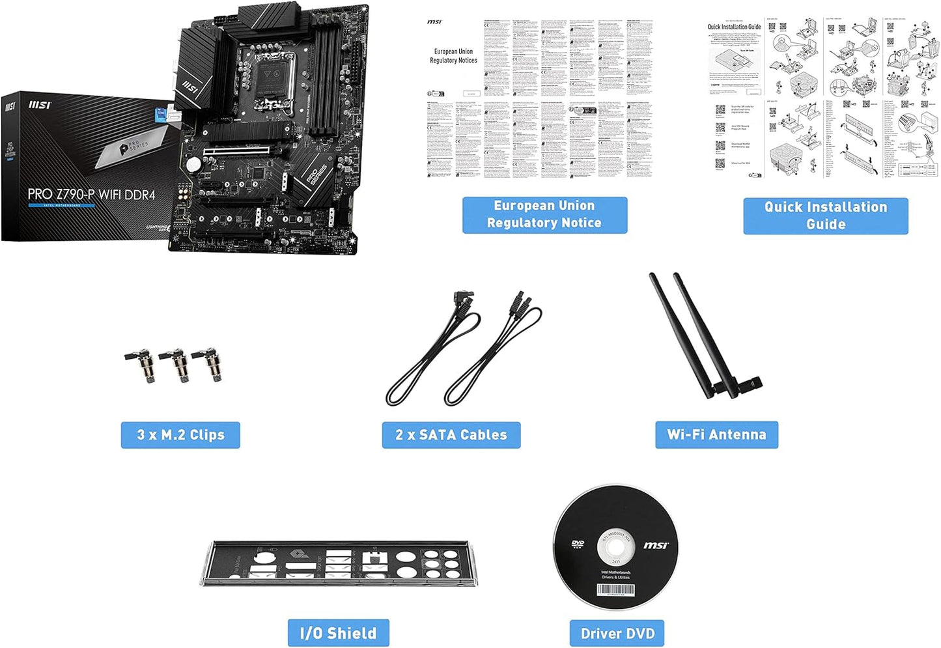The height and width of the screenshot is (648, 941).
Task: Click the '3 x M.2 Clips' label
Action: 180,435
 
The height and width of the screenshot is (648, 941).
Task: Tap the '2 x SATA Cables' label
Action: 451,435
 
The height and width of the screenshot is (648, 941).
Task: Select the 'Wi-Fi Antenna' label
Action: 716,435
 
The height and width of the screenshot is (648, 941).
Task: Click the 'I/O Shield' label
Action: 338,633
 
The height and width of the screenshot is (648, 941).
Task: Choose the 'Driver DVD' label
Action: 617,634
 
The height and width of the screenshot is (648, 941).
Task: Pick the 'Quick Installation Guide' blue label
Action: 825,216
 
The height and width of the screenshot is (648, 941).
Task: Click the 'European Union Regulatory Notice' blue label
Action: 544,214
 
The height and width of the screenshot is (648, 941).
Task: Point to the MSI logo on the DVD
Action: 656,545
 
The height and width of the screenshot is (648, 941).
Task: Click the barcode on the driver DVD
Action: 615,590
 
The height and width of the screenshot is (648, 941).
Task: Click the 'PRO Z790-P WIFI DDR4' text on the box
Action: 91,194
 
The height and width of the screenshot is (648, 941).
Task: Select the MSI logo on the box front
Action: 40,105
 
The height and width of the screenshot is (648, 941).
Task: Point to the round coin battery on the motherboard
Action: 193,165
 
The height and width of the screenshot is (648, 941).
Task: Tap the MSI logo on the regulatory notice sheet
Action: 434,22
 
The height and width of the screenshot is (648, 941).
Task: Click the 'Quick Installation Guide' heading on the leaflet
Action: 734,27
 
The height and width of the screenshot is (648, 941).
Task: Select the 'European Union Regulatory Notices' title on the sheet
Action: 453,56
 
